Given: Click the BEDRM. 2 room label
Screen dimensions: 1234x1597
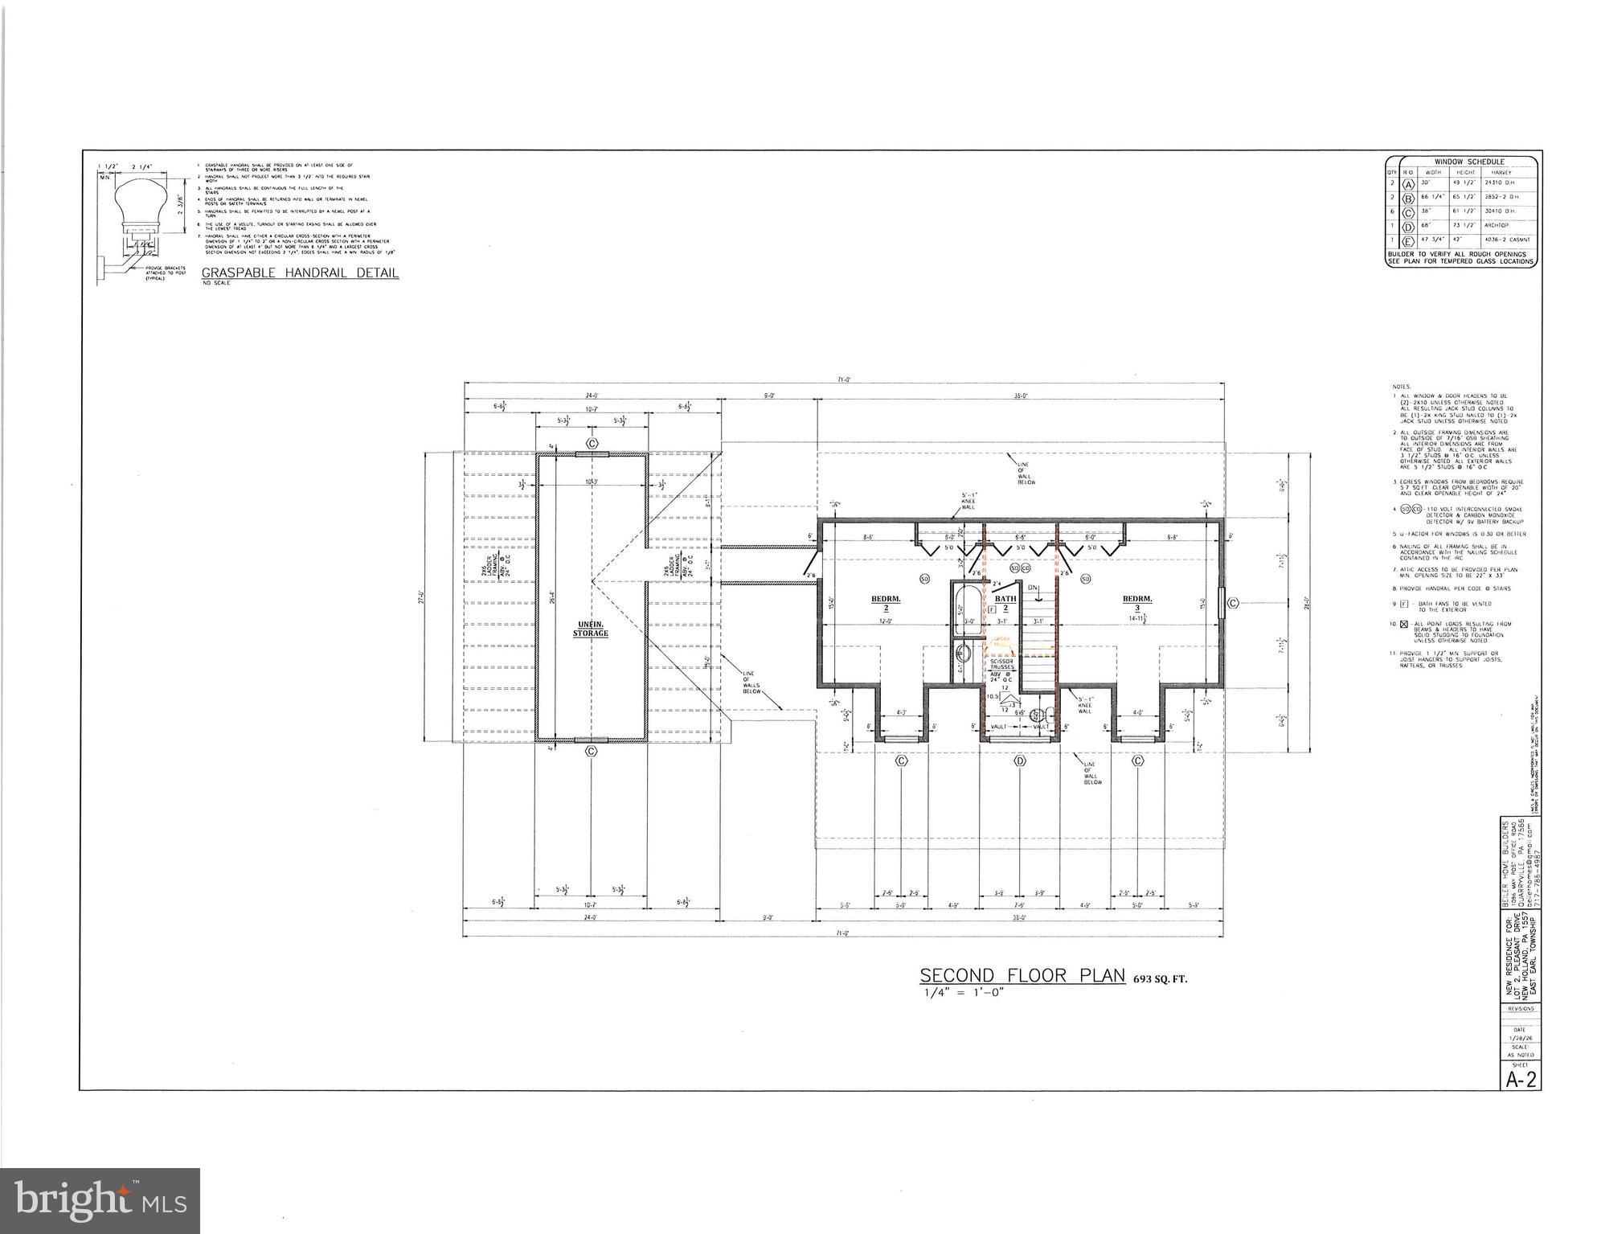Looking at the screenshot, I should (x=886, y=603).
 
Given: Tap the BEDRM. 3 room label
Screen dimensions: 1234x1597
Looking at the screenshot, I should (x=1137, y=603).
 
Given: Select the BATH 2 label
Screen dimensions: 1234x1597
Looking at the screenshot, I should (x=1005, y=602).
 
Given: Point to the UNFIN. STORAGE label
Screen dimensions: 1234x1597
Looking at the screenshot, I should (x=591, y=629).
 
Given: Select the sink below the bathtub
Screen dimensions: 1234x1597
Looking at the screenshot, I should (x=963, y=652).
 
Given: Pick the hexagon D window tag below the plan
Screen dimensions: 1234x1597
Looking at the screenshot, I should (x=1021, y=760).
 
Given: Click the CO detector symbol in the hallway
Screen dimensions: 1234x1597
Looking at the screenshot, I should (x=1026, y=568).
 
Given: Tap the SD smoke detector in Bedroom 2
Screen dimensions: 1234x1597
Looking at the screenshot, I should (x=924, y=579).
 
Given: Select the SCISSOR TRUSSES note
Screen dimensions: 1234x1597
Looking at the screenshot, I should (x=1001, y=666).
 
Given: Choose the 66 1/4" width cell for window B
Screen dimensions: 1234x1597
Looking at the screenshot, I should (x=1432, y=197).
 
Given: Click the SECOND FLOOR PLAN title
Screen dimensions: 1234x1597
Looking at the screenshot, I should (x=1022, y=975).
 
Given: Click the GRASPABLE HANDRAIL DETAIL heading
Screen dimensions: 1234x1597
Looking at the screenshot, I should (x=300, y=273).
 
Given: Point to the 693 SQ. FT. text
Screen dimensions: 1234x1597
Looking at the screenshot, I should (x=1160, y=979).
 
